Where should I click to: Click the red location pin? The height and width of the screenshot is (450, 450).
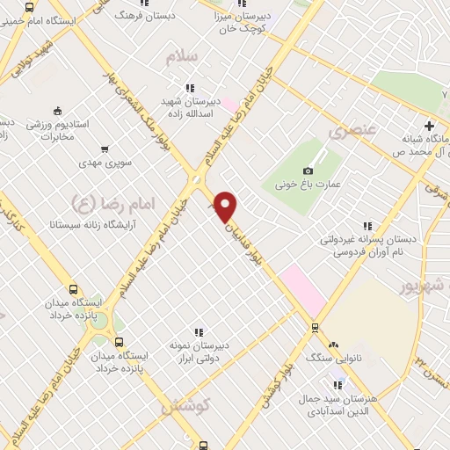[226, 206]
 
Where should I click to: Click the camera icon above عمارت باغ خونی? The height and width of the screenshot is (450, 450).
[308, 171]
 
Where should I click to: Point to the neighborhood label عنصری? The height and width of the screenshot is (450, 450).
[345, 131]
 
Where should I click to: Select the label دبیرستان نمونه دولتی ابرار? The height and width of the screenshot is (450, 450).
[199, 352]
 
